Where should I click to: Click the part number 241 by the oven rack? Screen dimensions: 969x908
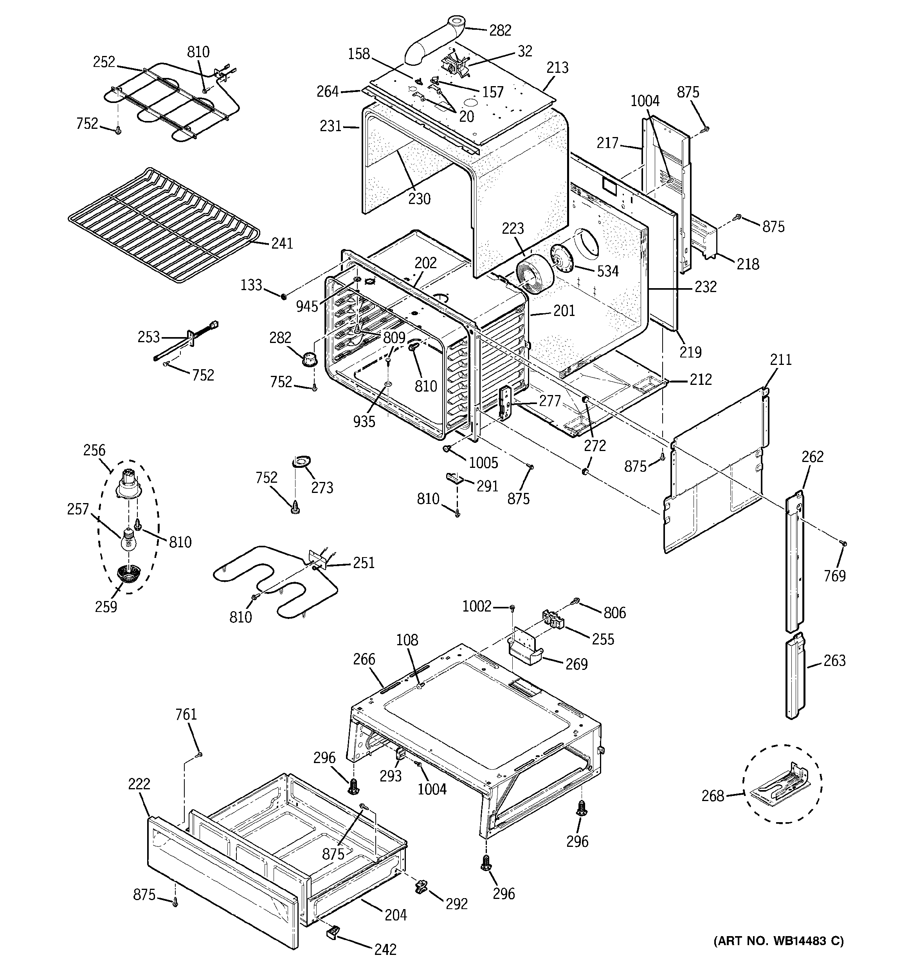click(282, 243)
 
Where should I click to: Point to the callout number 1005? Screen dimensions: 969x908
click(483, 462)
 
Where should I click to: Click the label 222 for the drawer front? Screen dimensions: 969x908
click(139, 784)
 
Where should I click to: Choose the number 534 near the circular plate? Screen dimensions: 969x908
click(608, 271)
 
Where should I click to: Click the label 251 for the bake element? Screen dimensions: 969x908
click(364, 563)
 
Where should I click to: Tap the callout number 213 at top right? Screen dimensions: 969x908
click(557, 67)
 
